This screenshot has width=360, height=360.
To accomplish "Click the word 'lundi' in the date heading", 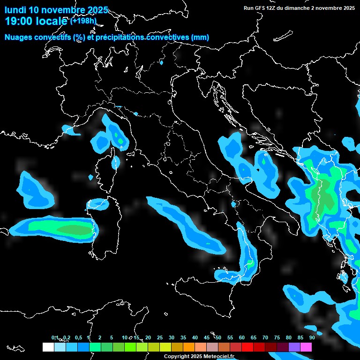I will [15, 10].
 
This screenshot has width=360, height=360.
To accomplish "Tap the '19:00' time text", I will [18, 21].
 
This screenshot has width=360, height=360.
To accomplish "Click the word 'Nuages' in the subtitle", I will [18, 37].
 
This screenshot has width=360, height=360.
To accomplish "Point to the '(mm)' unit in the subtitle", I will [200, 37].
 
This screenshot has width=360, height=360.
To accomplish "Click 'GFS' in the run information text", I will [260, 8].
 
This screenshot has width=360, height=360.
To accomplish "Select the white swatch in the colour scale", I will [48, 347].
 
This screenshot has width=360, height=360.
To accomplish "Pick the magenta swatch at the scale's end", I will [306, 347].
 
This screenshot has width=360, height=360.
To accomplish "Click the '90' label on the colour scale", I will [312, 337].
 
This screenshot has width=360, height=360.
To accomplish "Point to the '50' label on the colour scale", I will [218, 337].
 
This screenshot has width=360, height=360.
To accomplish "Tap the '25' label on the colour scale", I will [160, 337].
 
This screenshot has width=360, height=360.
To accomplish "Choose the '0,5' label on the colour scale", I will [78, 337].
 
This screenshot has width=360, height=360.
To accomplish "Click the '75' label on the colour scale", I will [277, 337].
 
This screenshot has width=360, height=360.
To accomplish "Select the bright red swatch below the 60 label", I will [247, 347].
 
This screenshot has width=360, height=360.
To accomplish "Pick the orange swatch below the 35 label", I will [189, 347].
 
